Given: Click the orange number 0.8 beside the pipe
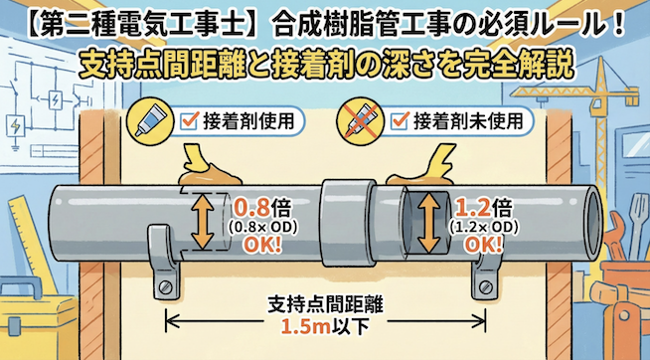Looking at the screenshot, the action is (x=249, y=209).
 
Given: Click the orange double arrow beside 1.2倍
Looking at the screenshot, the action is (x=429, y=221).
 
